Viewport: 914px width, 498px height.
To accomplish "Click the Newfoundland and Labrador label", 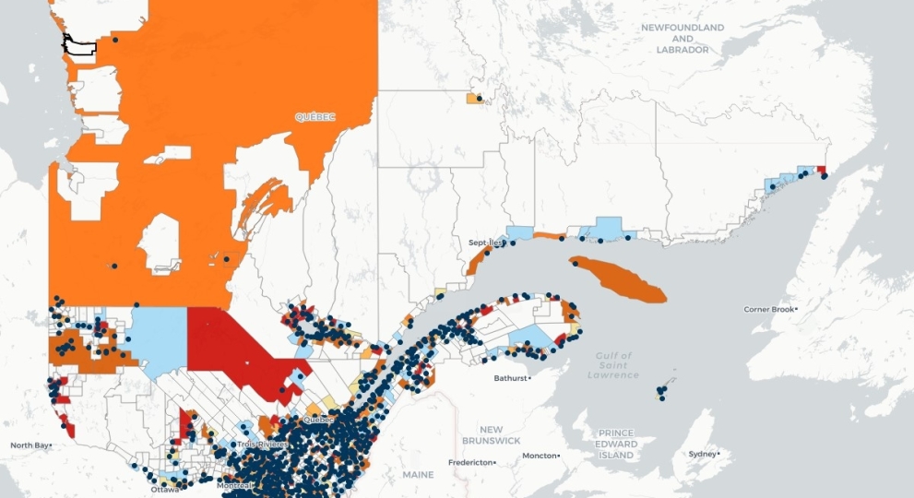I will tap(683, 39).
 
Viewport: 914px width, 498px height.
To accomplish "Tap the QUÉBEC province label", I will tap(315, 117).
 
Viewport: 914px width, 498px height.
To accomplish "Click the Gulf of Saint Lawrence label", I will tap(613, 365).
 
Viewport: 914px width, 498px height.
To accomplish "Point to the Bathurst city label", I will tap(511, 378).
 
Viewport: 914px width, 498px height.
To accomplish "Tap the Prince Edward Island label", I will tap(615, 444).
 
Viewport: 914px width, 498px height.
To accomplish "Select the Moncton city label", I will tap(540, 456).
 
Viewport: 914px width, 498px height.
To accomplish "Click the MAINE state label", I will tap(418, 474).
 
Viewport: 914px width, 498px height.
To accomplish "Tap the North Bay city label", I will tap(30, 445).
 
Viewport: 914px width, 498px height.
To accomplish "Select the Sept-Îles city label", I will tap(485, 243).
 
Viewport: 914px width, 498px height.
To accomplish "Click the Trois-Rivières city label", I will tap(262, 445).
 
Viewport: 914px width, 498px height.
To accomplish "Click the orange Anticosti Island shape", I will tap(618, 279).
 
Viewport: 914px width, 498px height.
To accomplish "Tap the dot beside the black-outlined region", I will tap(115, 40).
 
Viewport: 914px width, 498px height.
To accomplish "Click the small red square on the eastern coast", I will tap(822, 170).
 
